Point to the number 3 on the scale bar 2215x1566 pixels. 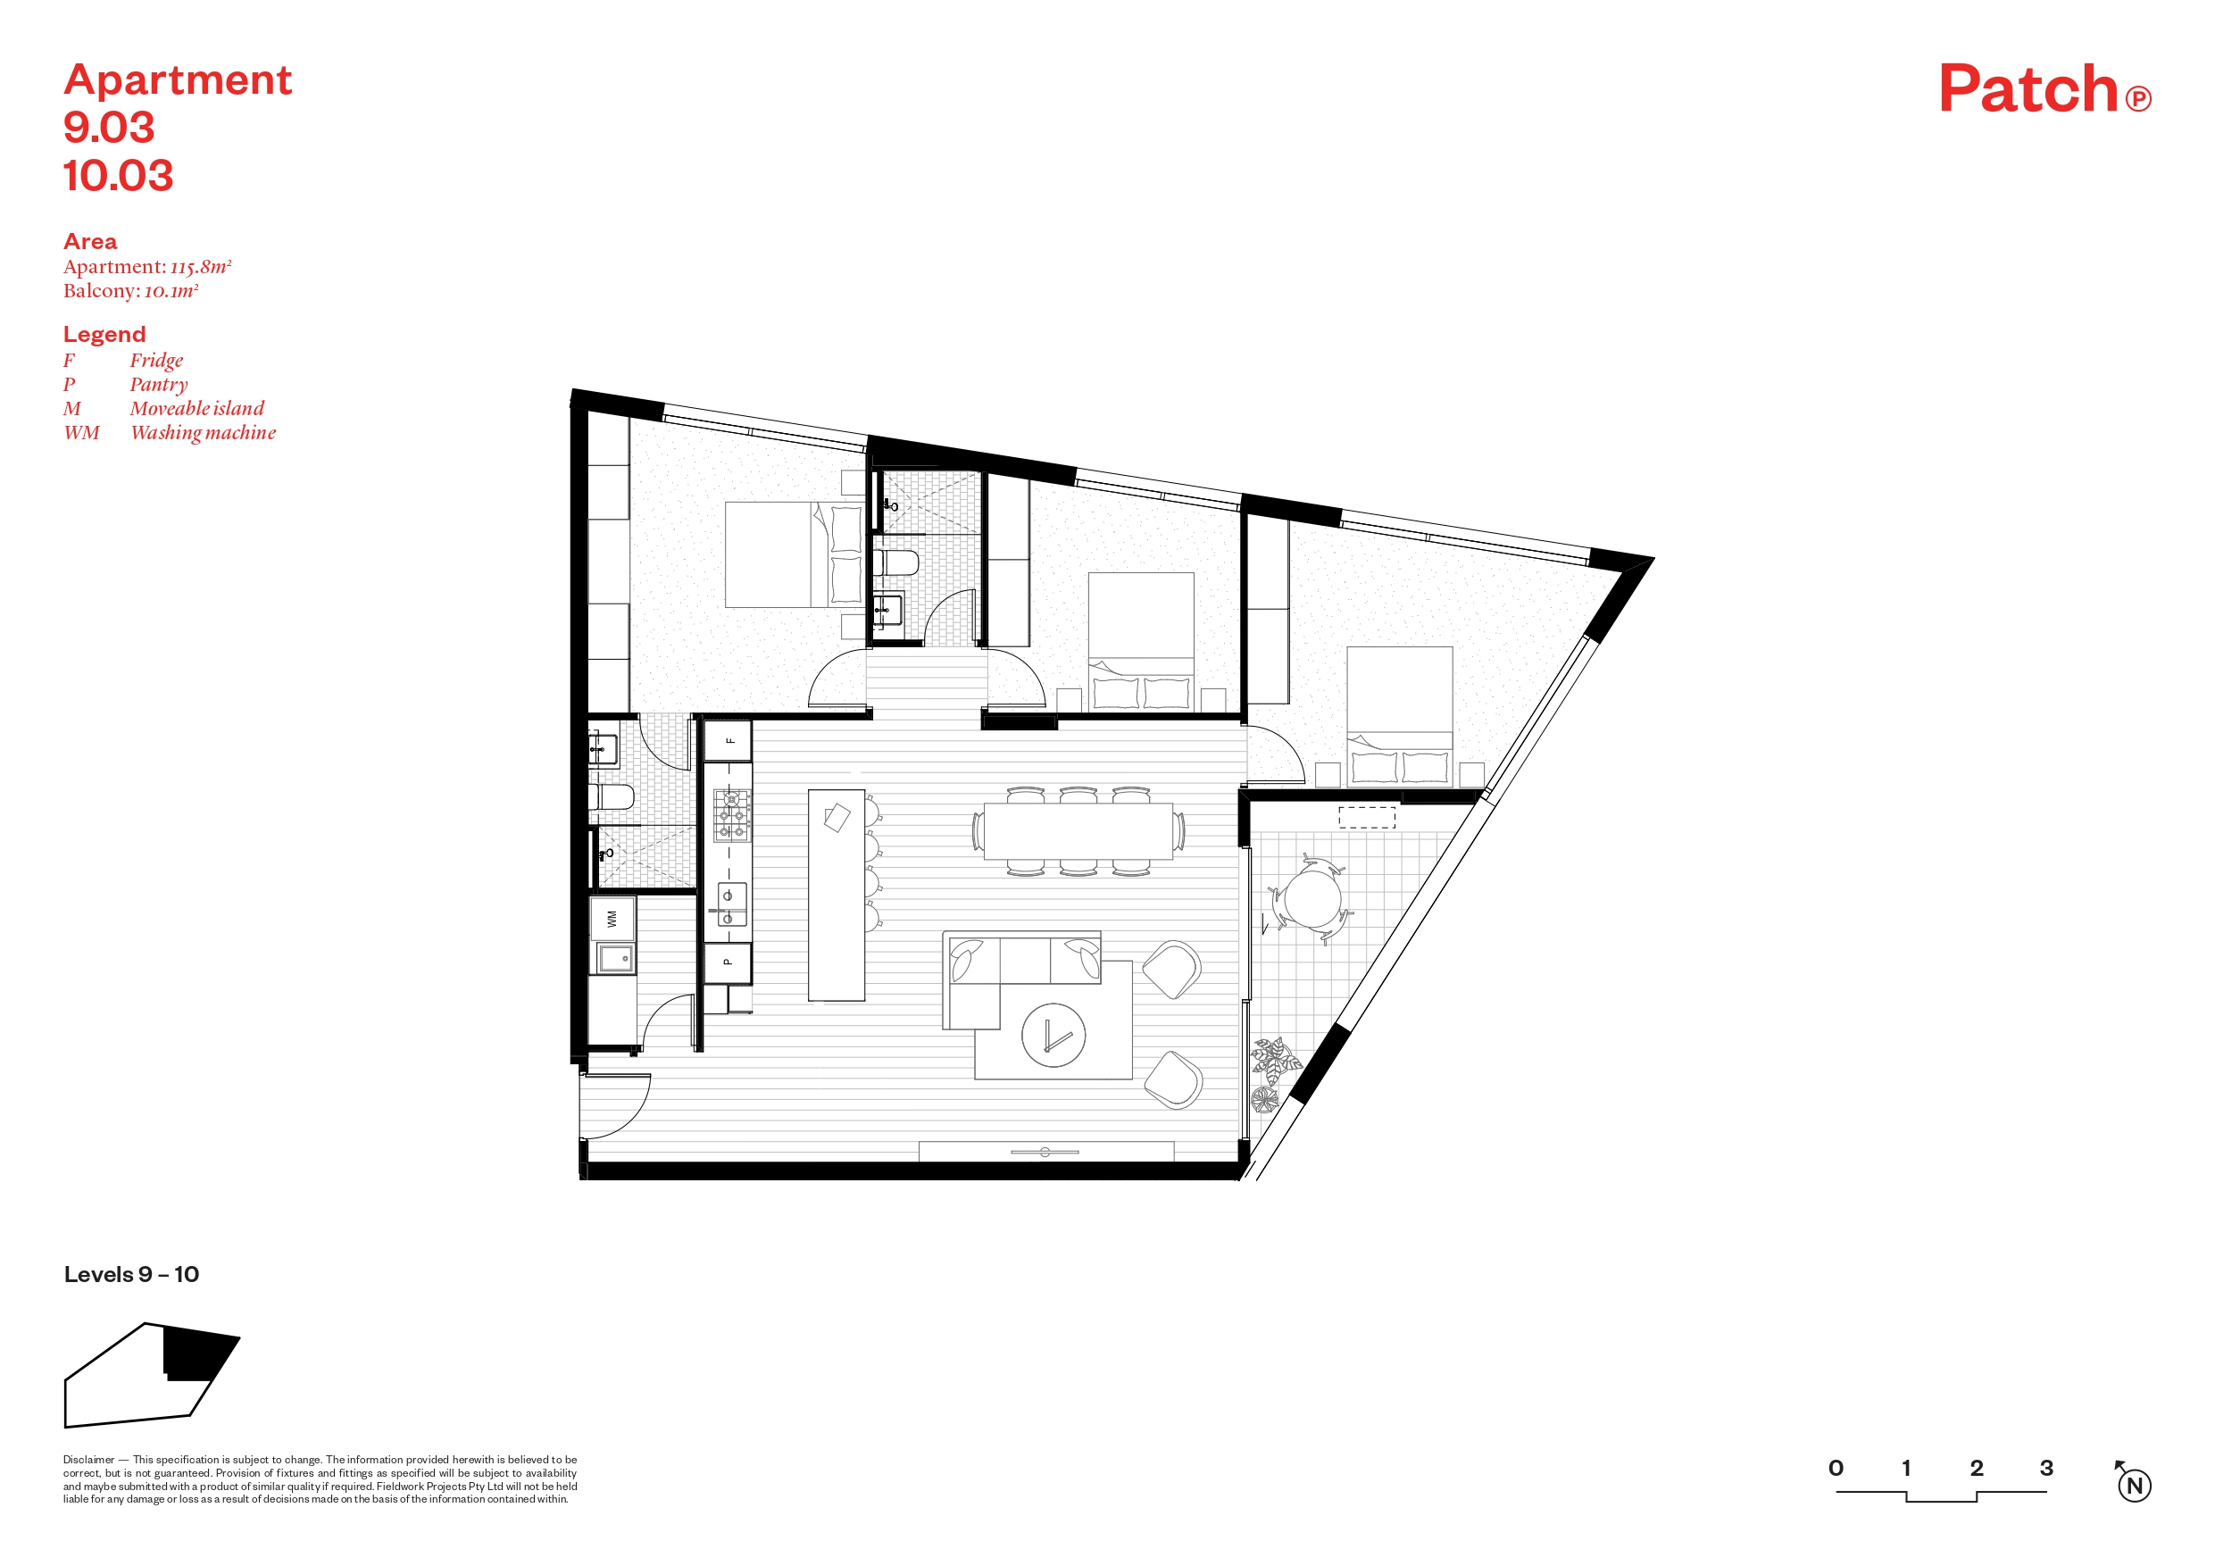pyautogui.click(x=2046, y=1468)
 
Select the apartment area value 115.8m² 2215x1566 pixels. pyautogui.click(x=201, y=267)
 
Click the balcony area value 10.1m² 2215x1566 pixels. pyautogui.click(x=171, y=291)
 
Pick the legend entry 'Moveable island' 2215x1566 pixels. pyautogui.click(x=196, y=408)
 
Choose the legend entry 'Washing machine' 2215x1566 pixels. pyautogui.click(x=203, y=433)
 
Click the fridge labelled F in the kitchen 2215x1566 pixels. pyautogui.click(x=728, y=741)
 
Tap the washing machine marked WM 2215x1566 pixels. pyautogui.click(x=612, y=919)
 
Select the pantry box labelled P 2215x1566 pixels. pyautogui.click(x=728, y=962)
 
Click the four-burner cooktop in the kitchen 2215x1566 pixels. pyautogui.click(x=731, y=815)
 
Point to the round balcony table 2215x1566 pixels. pyautogui.click(x=1312, y=898)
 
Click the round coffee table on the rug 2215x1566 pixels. pyautogui.click(x=1053, y=1037)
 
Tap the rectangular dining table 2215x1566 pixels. pyautogui.click(x=1078, y=830)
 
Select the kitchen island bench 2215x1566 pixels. pyautogui.click(x=837, y=895)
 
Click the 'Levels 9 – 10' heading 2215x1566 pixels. pyautogui.click(x=131, y=1275)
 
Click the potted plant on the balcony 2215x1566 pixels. pyautogui.click(x=1276, y=1062)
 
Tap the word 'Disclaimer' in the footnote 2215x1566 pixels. pyautogui.click(x=88, y=1460)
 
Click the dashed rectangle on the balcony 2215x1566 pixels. pyautogui.click(x=1367, y=817)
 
